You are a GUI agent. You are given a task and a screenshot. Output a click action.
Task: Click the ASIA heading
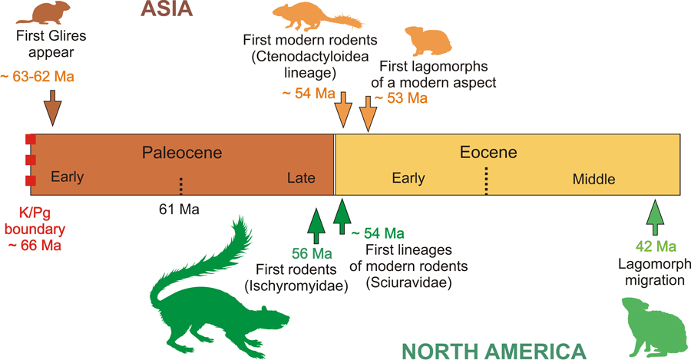[x=166, y=10]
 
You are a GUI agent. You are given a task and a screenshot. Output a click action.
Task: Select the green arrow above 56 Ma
[x=315, y=224]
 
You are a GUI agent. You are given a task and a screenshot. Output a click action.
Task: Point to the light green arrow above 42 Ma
[x=654, y=218]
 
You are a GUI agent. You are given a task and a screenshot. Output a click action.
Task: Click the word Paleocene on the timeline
[x=182, y=153]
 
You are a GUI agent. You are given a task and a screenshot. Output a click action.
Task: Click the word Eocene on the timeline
[x=488, y=153]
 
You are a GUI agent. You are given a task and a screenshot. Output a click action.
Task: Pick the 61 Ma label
[x=177, y=208]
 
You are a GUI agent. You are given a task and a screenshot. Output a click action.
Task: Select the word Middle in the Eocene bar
[x=593, y=179]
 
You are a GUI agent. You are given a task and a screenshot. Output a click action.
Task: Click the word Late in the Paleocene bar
[x=301, y=178]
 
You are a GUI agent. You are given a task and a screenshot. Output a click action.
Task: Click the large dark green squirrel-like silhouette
[x=215, y=292]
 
